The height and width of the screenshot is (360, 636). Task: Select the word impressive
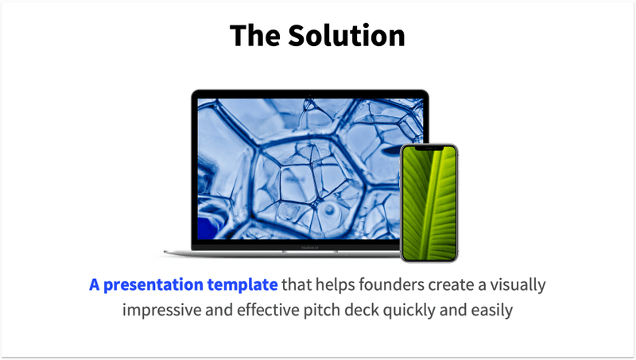[x=163, y=309]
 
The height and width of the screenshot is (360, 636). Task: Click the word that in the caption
[x=295, y=285]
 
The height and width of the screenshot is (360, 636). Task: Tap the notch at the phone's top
[x=429, y=148]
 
